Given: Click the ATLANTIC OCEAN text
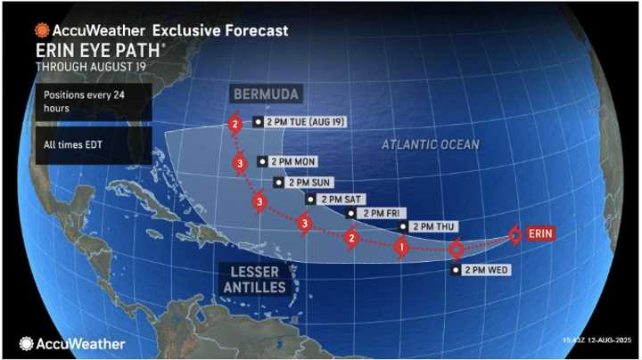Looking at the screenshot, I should click(431, 144).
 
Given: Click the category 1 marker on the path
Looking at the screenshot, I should click(401, 247).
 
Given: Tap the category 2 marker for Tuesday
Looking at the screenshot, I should click(235, 125).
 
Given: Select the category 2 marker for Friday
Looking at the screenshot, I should click(352, 238).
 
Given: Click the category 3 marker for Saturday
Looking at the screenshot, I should click(306, 222).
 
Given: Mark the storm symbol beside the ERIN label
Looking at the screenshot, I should click(515, 235).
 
